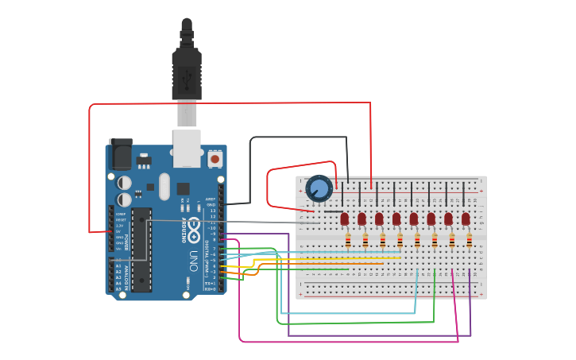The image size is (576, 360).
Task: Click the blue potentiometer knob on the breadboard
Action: point(319,189)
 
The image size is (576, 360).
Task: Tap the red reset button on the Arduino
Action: point(215,159)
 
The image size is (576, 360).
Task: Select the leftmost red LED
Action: point(344,219)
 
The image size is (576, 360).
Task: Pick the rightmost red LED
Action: point(466,219)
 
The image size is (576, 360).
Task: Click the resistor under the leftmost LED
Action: point(347,240)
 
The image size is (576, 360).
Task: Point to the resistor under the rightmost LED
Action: point(469,240)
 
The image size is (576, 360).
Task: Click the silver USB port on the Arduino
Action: point(187,148)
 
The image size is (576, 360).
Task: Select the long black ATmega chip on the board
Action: point(141,249)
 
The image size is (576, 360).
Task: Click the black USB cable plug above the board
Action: point(187,72)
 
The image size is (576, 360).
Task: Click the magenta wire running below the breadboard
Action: point(350,342)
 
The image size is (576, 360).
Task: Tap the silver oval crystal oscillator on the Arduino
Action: point(164,187)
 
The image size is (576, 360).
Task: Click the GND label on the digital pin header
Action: point(211,205)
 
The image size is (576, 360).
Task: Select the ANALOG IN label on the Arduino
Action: point(126,274)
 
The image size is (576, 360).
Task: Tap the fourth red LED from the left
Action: point(396,219)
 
